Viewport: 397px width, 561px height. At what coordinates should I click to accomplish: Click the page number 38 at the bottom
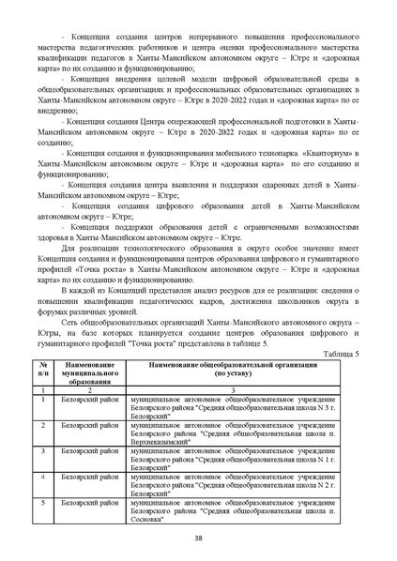tap(198, 537)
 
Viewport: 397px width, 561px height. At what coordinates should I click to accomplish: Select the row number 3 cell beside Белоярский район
tap(43, 451)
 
